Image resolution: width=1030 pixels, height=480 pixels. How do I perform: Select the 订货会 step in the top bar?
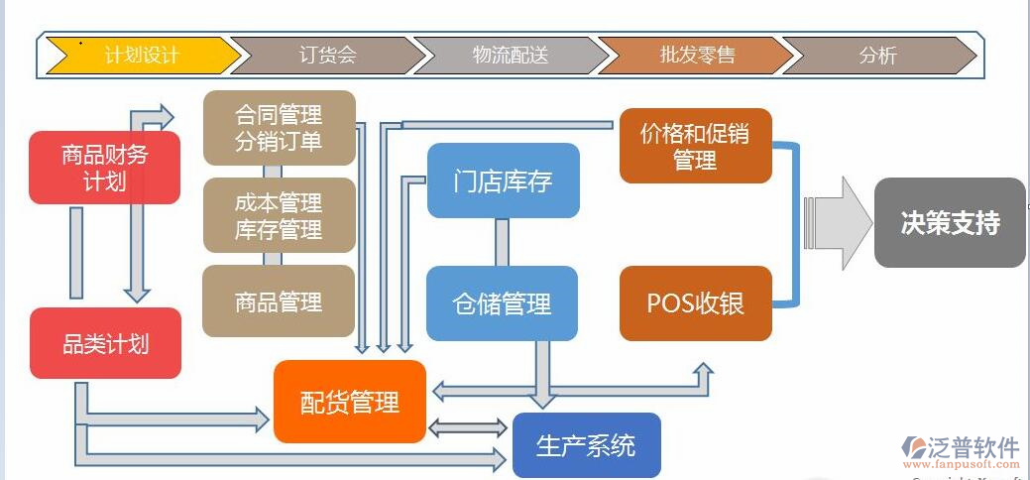coord(326,56)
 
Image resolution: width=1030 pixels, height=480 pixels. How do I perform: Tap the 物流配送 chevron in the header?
coord(510,56)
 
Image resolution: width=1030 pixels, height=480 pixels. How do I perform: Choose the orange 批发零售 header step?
coord(697,56)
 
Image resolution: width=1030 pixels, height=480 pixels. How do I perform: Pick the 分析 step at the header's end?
coord(877,56)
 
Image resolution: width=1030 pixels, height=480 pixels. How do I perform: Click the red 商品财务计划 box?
coord(104,168)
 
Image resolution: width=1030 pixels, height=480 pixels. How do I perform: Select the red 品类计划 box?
coord(105,343)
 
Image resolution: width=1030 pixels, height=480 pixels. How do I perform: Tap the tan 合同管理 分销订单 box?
coord(279,128)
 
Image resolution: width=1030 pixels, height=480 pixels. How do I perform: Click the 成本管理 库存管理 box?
coord(279,216)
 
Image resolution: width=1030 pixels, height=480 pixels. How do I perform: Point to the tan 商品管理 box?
coord(279,300)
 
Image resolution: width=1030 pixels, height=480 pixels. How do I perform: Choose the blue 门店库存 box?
coord(503,180)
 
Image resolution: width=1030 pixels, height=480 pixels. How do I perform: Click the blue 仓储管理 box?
coord(502,303)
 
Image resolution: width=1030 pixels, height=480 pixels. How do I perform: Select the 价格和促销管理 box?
coord(695,146)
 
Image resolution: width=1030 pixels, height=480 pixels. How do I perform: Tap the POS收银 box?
coord(695,303)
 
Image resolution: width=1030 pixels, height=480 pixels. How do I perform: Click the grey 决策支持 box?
coord(950,223)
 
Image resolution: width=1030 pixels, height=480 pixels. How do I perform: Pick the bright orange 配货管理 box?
coord(350,402)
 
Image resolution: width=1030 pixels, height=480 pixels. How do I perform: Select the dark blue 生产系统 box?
coord(586,445)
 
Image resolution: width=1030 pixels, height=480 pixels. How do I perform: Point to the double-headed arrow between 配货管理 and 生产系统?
coord(467,428)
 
